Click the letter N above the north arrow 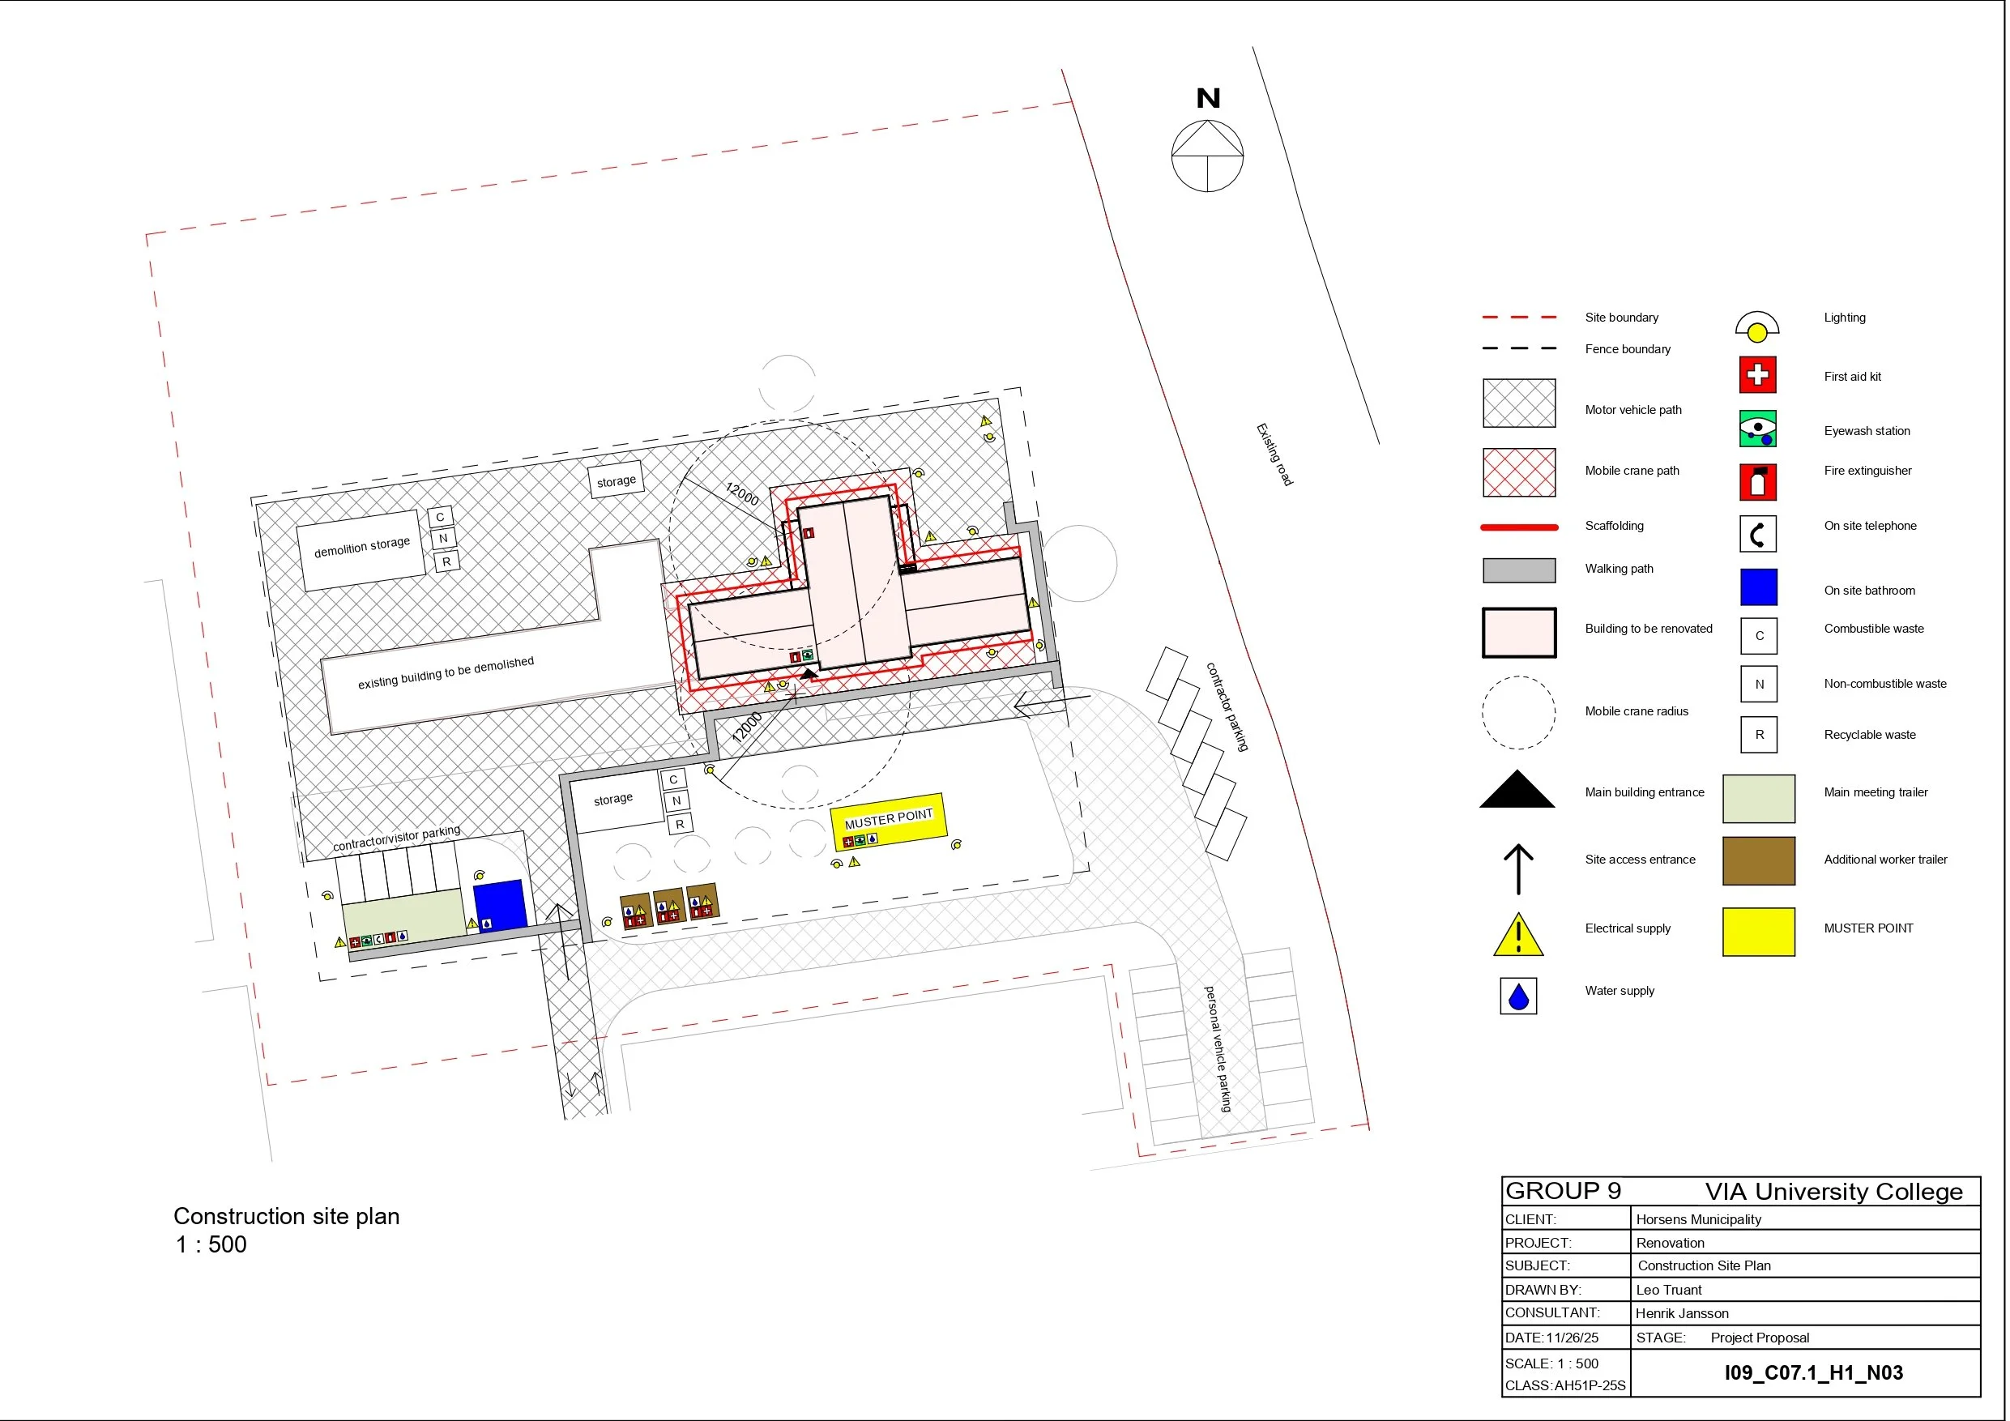coord(1208,98)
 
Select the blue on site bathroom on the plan coord(499,903)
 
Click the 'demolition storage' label coord(361,547)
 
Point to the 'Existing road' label coord(1274,454)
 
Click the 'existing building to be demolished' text coord(446,672)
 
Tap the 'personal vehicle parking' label coord(1218,1049)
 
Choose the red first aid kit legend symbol coord(1757,375)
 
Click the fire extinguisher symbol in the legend coord(1757,481)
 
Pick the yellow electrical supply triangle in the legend coord(1518,934)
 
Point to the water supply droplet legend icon coord(1518,996)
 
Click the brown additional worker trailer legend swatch coord(1758,860)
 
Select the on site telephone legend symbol coord(1757,533)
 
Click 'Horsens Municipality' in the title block coord(1698,1218)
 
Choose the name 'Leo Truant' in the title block coord(1669,1290)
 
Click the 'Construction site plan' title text coord(286,1216)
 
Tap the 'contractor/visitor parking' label coord(397,838)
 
